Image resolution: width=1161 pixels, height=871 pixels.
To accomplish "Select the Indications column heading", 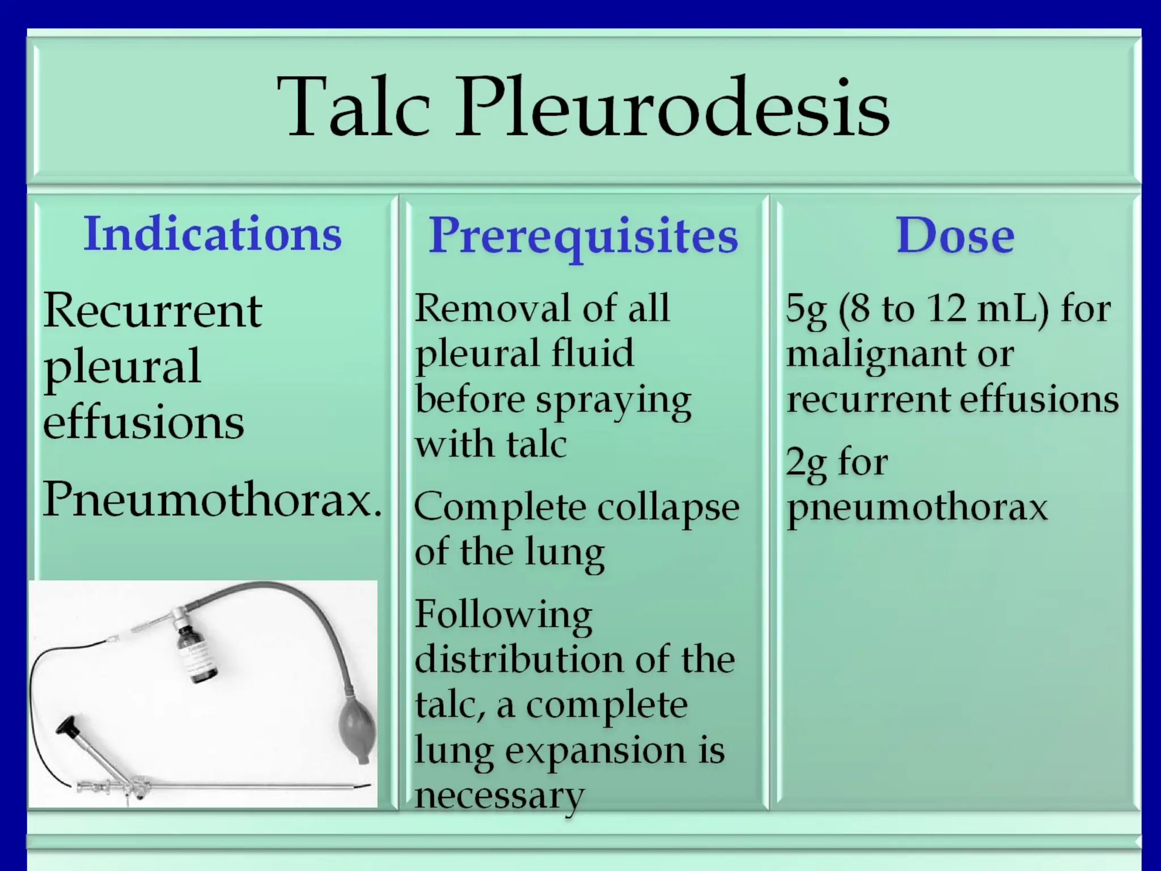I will [x=213, y=234].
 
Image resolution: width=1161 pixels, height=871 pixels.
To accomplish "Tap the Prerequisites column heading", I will [x=583, y=236].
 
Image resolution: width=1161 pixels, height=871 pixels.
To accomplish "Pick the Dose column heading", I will [x=955, y=236].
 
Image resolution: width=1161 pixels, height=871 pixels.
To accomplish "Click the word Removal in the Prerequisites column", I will [x=491, y=309].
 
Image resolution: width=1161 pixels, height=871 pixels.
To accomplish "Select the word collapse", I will [x=668, y=508].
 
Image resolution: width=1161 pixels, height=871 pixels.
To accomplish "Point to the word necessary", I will [x=499, y=795].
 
